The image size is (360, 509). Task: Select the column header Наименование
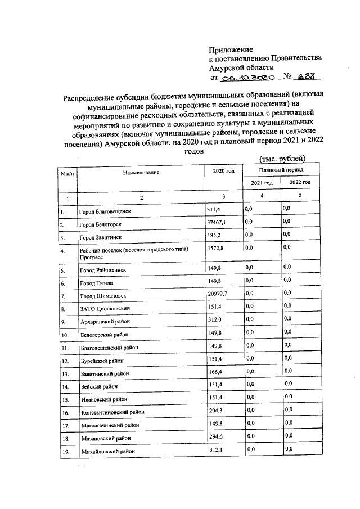click(x=142, y=172)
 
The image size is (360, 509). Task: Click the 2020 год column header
click(x=223, y=171)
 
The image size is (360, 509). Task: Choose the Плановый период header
click(x=281, y=169)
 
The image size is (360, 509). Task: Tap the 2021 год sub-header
click(x=262, y=183)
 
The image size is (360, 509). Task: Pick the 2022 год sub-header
click(x=300, y=183)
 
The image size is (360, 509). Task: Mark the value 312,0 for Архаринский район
click(x=215, y=320)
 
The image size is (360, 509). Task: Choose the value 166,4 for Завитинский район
click(x=215, y=372)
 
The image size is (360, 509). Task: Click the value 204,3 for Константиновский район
click(x=215, y=411)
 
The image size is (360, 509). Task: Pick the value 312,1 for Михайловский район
click(x=215, y=449)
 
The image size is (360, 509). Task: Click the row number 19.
click(x=64, y=451)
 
